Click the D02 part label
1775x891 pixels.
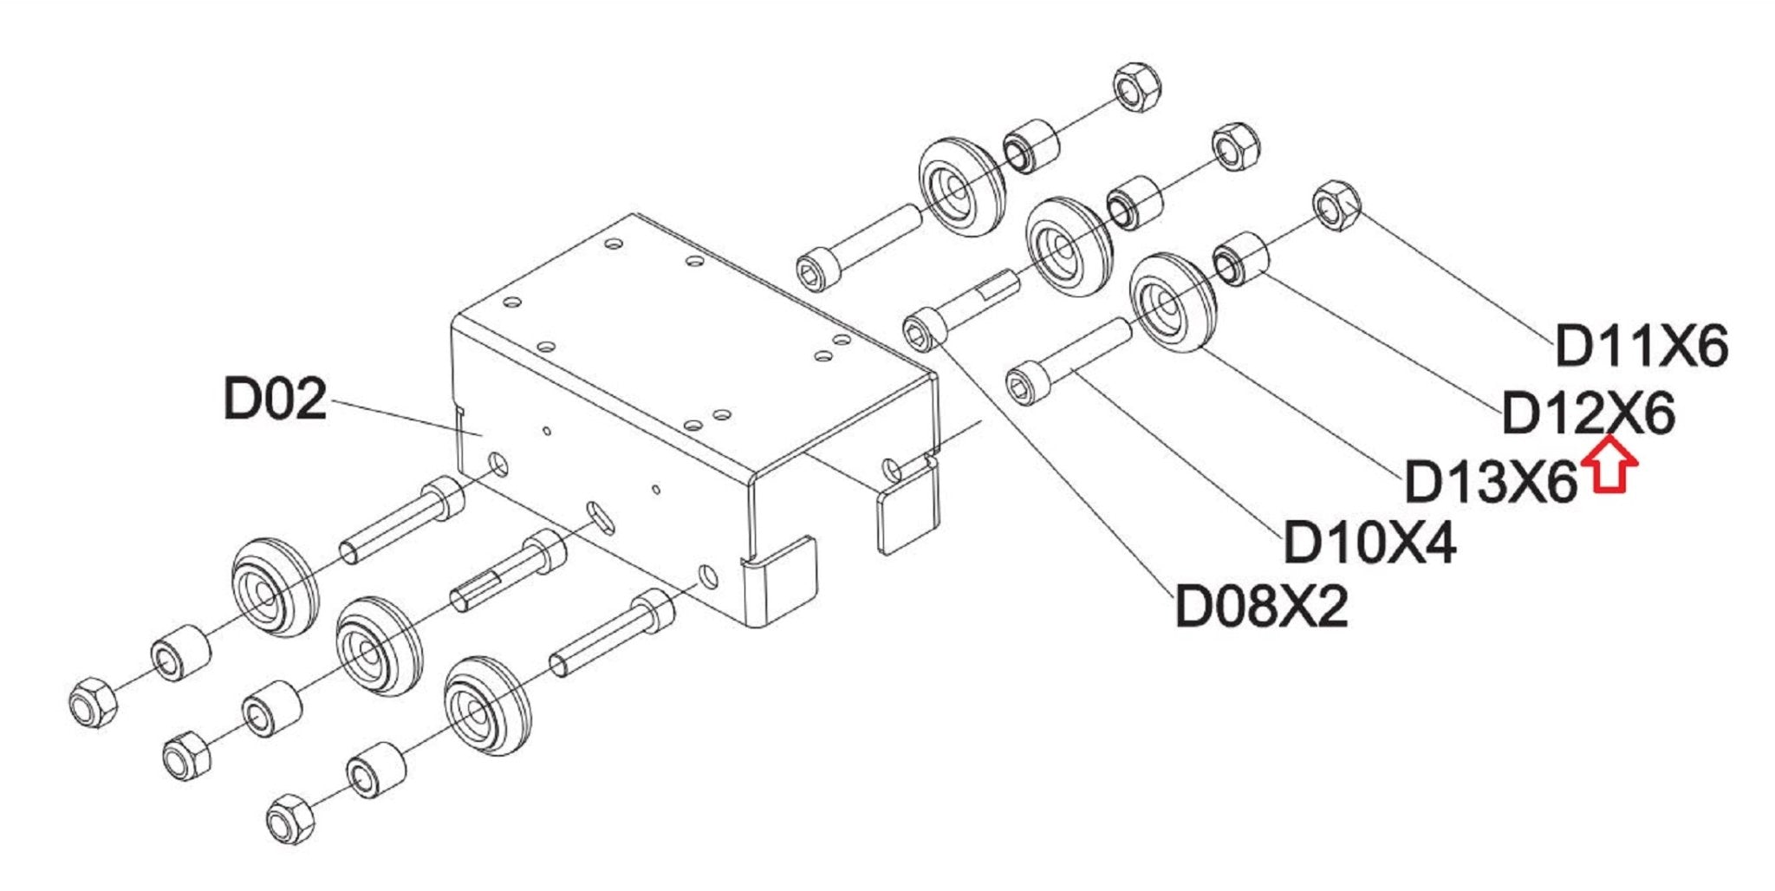(275, 399)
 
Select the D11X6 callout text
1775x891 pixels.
(1642, 347)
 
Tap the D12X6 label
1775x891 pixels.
(1588, 414)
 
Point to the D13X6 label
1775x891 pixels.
(1490, 481)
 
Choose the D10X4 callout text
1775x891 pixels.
(1369, 543)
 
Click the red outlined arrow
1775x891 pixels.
(1609, 465)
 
